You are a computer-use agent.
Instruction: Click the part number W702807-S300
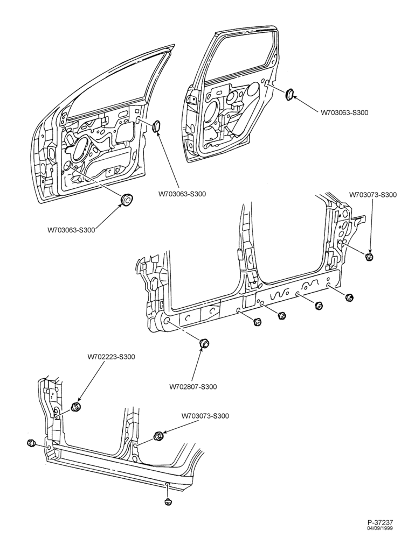[193, 387]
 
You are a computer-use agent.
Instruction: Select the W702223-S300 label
[112, 357]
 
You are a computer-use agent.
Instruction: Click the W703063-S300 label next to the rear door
[344, 112]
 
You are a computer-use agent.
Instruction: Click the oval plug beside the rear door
[289, 94]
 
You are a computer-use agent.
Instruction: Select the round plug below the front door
[126, 199]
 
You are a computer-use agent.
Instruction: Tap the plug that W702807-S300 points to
[205, 342]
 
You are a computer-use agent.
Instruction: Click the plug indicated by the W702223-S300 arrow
[75, 407]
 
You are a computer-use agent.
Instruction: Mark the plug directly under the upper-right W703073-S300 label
[369, 257]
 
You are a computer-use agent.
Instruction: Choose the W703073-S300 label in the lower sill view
[205, 416]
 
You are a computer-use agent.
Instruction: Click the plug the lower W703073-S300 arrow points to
[159, 436]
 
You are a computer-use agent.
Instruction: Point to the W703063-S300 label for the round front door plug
[71, 230]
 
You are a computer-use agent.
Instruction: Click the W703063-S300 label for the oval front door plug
[182, 194]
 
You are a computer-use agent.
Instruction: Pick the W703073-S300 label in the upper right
[373, 195]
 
